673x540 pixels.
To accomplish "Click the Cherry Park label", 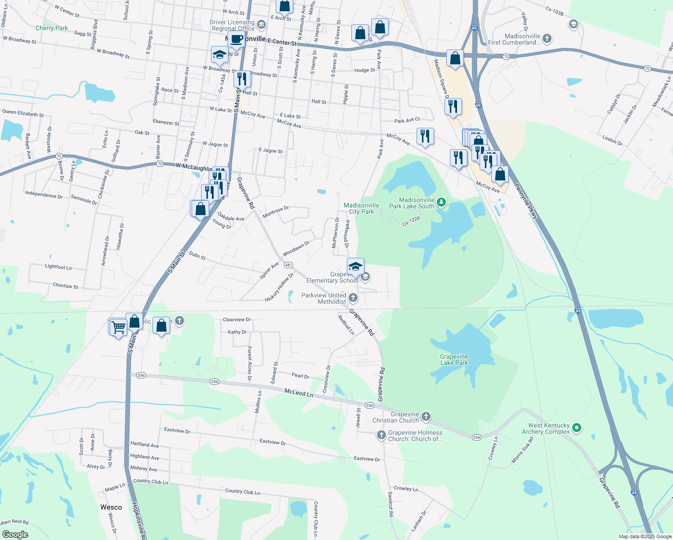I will point(52,28).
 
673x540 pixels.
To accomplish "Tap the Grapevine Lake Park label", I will point(454,360).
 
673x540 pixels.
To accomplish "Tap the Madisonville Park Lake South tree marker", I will point(441,202).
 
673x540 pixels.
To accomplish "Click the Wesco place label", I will point(111,507).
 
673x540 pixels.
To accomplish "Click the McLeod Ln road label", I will point(299,393).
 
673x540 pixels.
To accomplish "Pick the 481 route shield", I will point(288,265).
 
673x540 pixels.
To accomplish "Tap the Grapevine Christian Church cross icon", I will point(426,417).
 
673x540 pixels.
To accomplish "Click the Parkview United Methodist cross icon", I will point(353,297).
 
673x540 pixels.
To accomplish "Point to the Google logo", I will point(15,534).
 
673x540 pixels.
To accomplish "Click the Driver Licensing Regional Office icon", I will point(262,23).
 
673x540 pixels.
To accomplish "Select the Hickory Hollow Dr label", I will point(279,288).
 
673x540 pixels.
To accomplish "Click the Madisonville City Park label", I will point(361,208).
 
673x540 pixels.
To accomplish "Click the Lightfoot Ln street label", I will point(58,267).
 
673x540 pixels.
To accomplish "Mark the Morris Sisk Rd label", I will point(522,450).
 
